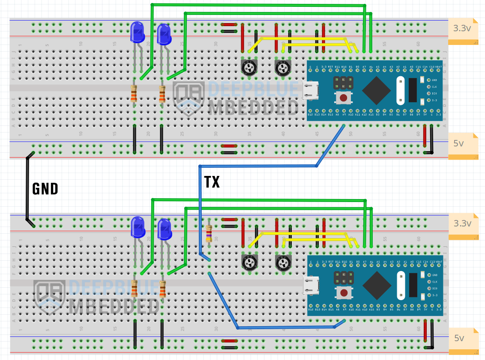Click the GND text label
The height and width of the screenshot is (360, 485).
tap(45, 188)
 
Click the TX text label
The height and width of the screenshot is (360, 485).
tap(212, 182)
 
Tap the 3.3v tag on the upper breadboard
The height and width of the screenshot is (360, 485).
tap(463, 29)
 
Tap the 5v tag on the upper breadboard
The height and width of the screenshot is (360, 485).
tap(459, 144)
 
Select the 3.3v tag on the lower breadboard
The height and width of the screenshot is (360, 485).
tap(463, 223)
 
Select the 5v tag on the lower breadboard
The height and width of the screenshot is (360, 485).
tap(459, 338)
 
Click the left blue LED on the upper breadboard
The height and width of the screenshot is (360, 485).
tap(138, 33)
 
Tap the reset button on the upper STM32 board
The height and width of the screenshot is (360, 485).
tap(343, 98)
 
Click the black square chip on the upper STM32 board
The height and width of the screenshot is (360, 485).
tap(376, 90)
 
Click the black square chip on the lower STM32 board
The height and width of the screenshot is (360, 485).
tap(376, 286)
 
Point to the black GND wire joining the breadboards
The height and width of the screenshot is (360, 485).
tap(27, 188)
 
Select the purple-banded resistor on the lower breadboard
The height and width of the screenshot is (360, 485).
tap(209, 233)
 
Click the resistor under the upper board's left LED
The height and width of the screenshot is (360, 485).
tap(134, 93)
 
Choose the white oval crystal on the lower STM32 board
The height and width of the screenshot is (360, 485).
tap(401, 286)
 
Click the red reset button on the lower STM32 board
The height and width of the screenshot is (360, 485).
tap(343, 293)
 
